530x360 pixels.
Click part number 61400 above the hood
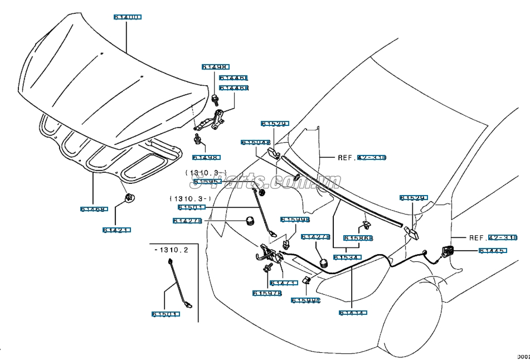point(128,18)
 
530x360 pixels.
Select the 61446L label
point(234,79)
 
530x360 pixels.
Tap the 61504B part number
point(256,143)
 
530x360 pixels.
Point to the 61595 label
point(207,182)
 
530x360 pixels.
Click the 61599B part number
point(295,220)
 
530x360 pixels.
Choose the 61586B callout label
point(358,238)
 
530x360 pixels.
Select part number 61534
point(348,257)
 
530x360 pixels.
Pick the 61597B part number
point(267,293)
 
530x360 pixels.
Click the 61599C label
point(306,301)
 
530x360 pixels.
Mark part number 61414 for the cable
point(353,313)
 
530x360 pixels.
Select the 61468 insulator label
point(93,210)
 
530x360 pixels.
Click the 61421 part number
point(116,230)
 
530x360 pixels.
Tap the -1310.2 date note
point(171,250)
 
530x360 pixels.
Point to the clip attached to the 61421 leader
point(129,197)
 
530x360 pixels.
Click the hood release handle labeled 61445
point(448,251)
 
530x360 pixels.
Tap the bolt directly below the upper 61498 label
point(215,100)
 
